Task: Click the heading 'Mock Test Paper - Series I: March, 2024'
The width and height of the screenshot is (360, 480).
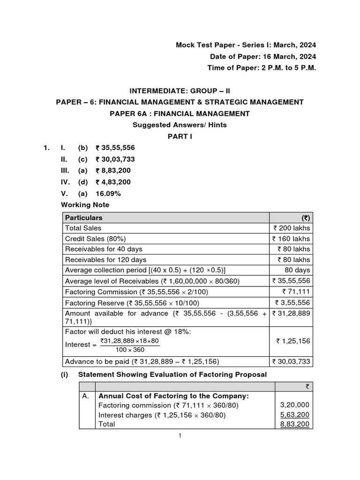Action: click(x=246, y=45)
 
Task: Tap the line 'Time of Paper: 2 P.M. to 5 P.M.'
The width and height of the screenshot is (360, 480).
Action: click(x=262, y=68)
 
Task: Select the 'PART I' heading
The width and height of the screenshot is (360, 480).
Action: click(x=180, y=136)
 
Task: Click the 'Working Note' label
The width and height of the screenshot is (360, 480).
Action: click(x=85, y=205)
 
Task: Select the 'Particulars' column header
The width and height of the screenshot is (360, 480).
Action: click(x=84, y=218)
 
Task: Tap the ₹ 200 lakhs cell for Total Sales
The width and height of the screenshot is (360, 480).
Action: click(x=292, y=228)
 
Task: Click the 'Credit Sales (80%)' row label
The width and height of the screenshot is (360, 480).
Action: click(x=93, y=239)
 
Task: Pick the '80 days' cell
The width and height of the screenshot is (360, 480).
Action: click(x=297, y=270)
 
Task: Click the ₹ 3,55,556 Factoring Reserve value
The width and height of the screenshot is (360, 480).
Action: click(x=292, y=302)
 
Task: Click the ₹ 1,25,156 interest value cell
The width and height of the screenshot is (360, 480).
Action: click(x=293, y=341)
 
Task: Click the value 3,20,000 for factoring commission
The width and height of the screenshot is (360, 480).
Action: click(x=295, y=405)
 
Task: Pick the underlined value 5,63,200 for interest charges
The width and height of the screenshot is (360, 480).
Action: click(x=295, y=415)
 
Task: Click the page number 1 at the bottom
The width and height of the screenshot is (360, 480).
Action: click(x=180, y=435)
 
